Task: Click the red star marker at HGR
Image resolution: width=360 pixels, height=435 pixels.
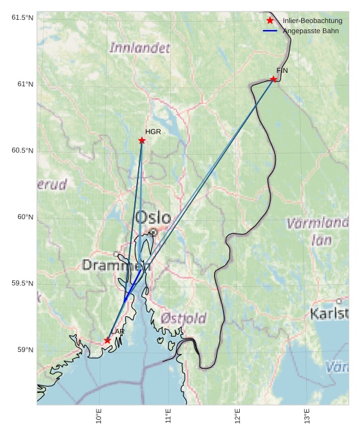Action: click(141, 141)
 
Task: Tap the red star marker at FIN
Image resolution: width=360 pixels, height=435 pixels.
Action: click(273, 79)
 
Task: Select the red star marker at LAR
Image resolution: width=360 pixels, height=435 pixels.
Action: click(107, 340)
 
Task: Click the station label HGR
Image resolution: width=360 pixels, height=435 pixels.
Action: click(153, 132)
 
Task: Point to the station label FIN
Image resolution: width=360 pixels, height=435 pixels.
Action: click(282, 70)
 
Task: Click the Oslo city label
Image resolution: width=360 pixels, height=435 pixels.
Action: click(153, 218)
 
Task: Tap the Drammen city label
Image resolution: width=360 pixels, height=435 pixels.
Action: click(116, 265)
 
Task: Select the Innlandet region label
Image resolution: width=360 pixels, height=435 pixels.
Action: click(140, 48)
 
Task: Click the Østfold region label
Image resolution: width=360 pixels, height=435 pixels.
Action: click(184, 318)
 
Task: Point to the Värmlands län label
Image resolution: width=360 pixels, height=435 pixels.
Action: click(317, 231)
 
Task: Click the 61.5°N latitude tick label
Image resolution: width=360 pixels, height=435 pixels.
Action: click(22, 18)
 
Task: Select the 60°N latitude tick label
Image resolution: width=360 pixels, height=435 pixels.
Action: click(25, 217)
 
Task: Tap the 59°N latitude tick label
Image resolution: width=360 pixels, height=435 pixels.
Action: click(25, 350)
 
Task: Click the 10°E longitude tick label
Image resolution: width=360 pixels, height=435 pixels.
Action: click(99, 416)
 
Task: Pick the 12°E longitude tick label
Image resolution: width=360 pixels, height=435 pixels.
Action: click(237, 416)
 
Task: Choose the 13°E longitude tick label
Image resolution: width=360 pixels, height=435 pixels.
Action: click(307, 416)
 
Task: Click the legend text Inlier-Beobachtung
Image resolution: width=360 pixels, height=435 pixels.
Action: click(312, 21)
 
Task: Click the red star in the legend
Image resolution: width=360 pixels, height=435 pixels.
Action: click(270, 20)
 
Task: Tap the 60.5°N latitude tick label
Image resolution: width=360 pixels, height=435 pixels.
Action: click(22, 151)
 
